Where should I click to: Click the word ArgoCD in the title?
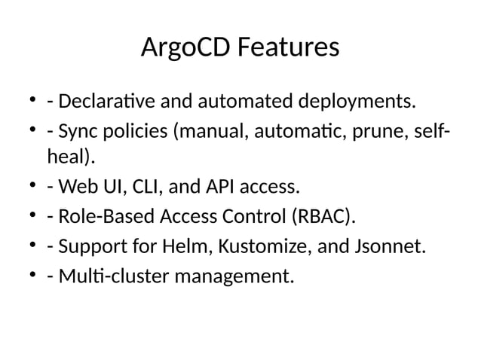tap(185, 49)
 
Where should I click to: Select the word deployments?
tap(359, 100)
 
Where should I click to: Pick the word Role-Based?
tap(104, 218)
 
